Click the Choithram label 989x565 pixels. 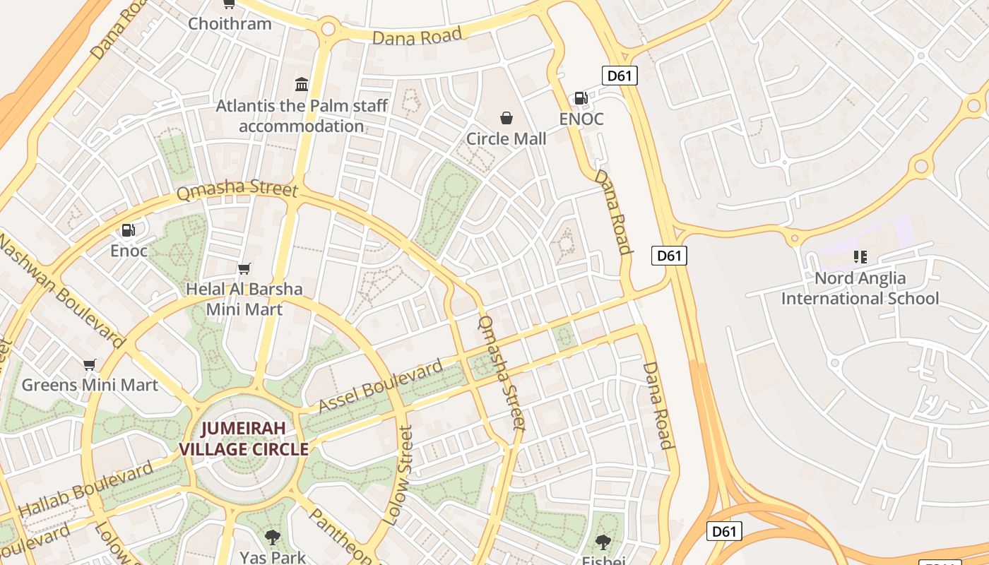pyautogui.click(x=230, y=23)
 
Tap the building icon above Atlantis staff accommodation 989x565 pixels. pyautogui.click(x=302, y=85)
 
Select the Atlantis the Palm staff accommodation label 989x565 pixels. pyautogui.click(x=302, y=116)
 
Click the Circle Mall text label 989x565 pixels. pyautogui.click(x=506, y=138)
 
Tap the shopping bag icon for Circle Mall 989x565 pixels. pyautogui.click(x=506, y=117)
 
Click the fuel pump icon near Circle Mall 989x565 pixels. pyautogui.click(x=581, y=98)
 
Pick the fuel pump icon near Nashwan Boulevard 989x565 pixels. pyautogui.click(x=128, y=230)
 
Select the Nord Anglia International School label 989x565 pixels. pyautogui.click(x=860, y=288)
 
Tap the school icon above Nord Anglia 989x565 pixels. pyautogui.click(x=860, y=256)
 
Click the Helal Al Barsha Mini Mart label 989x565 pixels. pyautogui.click(x=244, y=299)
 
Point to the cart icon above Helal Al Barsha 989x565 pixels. pyautogui.click(x=244, y=268)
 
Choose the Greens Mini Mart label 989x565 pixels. pyautogui.click(x=90, y=385)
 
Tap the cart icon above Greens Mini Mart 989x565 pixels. pyautogui.click(x=89, y=364)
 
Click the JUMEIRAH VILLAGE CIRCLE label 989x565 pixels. pyautogui.click(x=244, y=439)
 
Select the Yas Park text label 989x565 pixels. pyautogui.click(x=273, y=557)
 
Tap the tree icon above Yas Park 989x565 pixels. pyautogui.click(x=273, y=537)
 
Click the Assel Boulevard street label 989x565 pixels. pyautogui.click(x=381, y=386)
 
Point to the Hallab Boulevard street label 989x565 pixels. pyautogui.click(x=85, y=489)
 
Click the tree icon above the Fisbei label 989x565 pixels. pyautogui.click(x=603, y=542)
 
